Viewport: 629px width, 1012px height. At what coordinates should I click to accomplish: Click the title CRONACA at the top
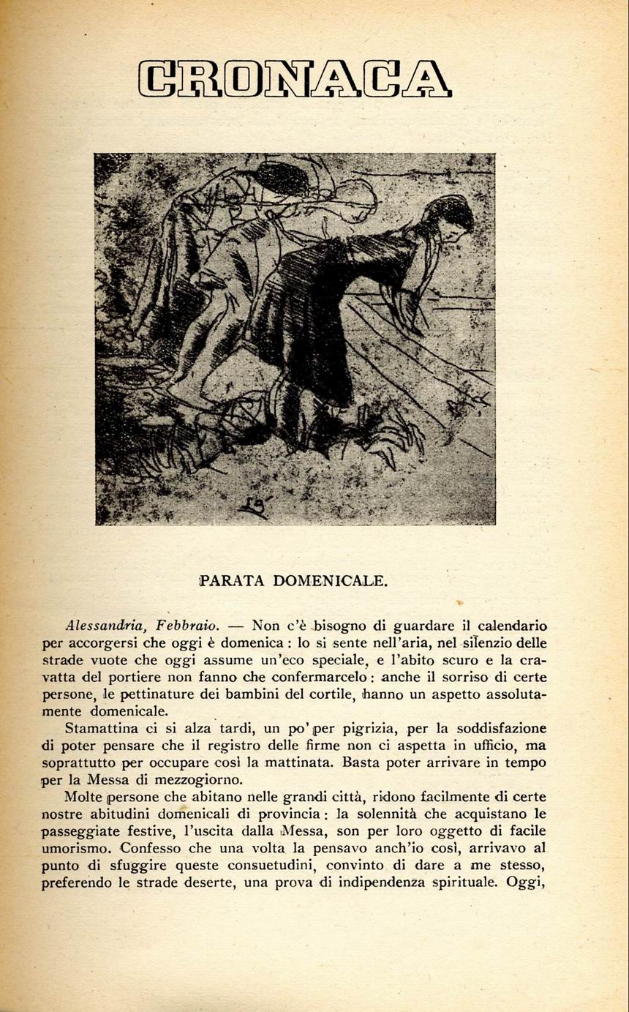point(295,80)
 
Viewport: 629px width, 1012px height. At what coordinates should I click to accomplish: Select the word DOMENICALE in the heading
point(330,581)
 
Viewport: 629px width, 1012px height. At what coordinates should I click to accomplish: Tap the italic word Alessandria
point(102,626)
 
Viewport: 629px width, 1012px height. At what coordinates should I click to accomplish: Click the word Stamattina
point(110,729)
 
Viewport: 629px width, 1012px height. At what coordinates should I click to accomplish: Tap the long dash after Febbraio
point(236,626)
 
